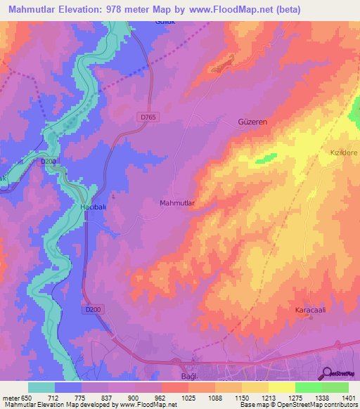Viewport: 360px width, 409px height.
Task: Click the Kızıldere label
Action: pos(345,152)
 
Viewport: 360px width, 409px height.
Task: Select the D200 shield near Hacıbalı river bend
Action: pos(48,161)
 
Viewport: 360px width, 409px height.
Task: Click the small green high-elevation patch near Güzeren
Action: pos(265,158)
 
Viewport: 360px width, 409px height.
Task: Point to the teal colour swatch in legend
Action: pos(41,387)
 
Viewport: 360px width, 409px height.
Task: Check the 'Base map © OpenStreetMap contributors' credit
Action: pos(298,405)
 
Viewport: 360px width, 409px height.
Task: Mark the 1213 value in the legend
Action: pos(242,398)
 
